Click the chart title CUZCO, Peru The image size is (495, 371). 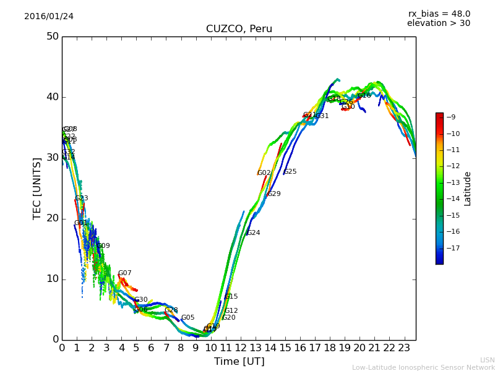pyautogui.click(x=239, y=29)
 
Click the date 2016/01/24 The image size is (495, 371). pyautogui.click(x=49, y=16)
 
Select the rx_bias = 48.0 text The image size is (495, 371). pyautogui.click(x=439, y=14)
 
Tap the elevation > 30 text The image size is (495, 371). pyautogui.click(x=439, y=23)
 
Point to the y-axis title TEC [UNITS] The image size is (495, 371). pyautogui.click(x=37, y=188)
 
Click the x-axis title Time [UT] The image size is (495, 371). pyautogui.click(x=239, y=362)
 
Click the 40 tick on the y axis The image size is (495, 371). pyautogui.click(x=53, y=97)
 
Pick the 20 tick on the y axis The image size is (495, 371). pyautogui.click(x=53, y=218)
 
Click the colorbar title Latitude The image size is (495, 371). pyautogui.click(x=468, y=189)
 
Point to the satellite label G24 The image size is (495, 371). pyautogui.click(x=253, y=233)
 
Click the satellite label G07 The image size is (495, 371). pyautogui.click(x=125, y=273)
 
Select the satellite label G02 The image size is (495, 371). pyautogui.click(x=264, y=173)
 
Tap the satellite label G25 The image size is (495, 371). pyautogui.click(x=290, y=172)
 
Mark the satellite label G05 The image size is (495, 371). pyautogui.click(x=188, y=318)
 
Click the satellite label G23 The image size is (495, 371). pyautogui.click(x=82, y=198)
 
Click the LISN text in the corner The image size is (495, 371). pyautogui.click(x=487, y=360)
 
